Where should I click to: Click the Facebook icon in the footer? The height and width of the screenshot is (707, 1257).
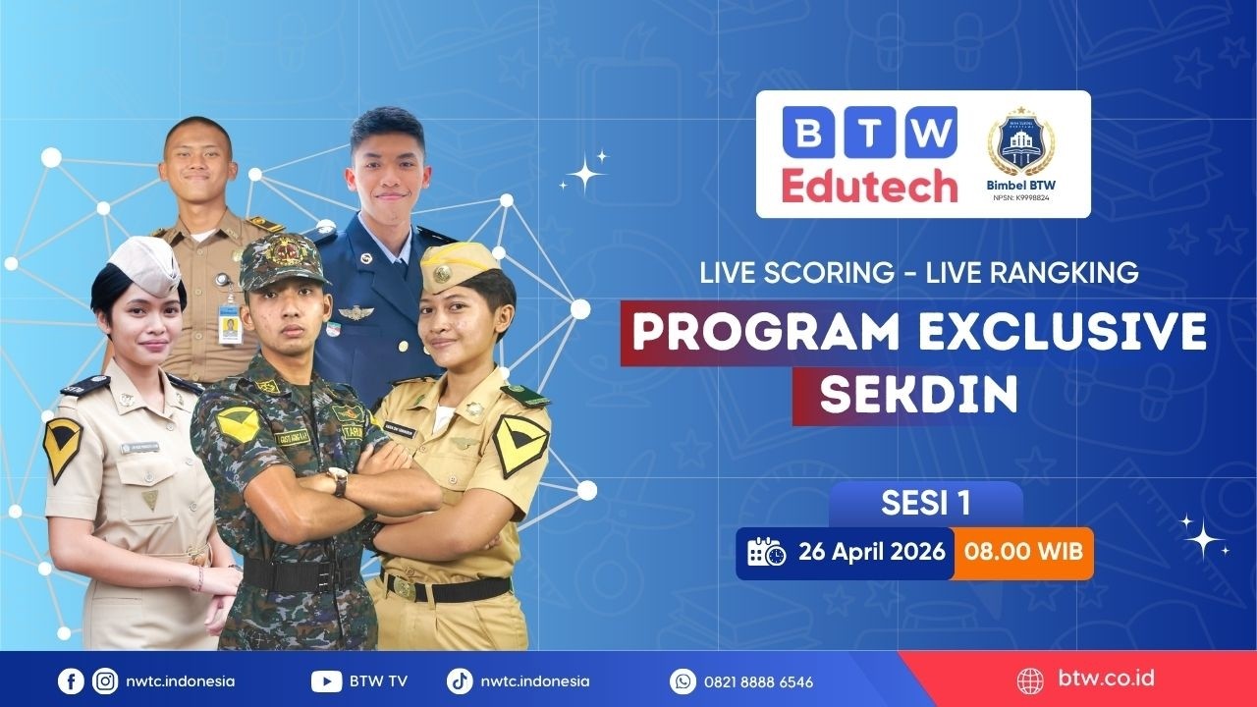[x=71, y=680]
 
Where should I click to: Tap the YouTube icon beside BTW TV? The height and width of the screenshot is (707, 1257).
[x=326, y=680]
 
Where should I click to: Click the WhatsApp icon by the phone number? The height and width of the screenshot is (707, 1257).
[x=683, y=680]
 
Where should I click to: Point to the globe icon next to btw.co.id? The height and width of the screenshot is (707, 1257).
[x=1030, y=680]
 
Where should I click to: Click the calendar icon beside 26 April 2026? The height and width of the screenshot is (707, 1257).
[x=766, y=552]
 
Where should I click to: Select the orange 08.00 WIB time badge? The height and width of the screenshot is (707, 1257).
[x=1024, y=551]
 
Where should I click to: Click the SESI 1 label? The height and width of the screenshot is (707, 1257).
[x=925, y=504]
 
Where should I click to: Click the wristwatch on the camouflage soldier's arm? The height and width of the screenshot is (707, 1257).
[x=337, y=480]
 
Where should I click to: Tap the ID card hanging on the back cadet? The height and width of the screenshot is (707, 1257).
[x=230, y=327]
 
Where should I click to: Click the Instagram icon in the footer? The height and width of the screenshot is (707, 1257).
[x=104, y=680]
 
